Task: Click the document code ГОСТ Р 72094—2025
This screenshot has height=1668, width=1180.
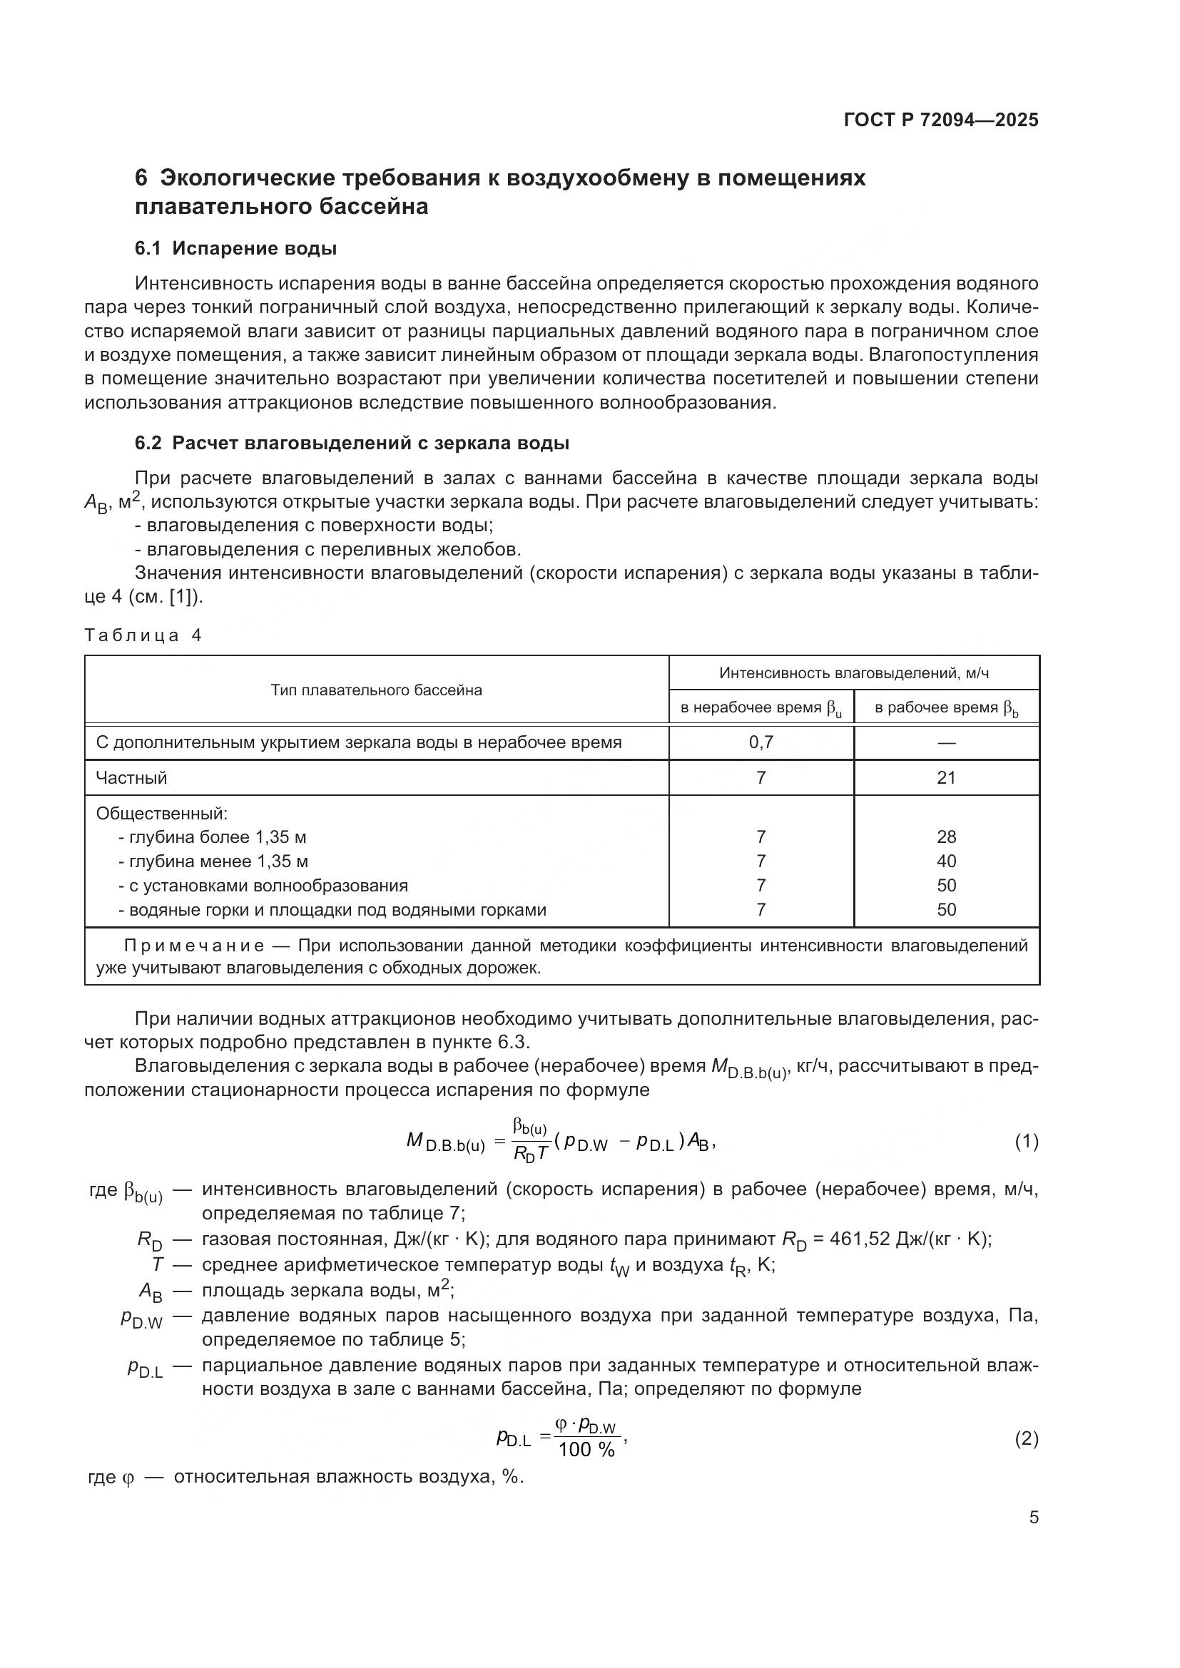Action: (x=941, y=120)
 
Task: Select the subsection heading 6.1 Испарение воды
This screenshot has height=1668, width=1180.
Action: (x=235, y=248)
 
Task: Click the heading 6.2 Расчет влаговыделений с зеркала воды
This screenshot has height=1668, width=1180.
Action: (x=352, y=443)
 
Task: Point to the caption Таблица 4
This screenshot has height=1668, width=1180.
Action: (x=143, y=635)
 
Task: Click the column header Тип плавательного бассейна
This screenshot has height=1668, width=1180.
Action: (x=377, y=690)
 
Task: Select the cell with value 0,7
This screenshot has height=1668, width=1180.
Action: (x=761, y=742)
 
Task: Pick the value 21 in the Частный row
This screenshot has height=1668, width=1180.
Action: (x=946, y=778)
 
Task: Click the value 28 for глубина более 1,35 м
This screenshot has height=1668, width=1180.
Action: (x=946, y=837)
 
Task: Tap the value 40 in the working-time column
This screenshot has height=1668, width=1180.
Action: (x=946, y=861)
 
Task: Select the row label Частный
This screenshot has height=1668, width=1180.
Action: (x=131, y=778)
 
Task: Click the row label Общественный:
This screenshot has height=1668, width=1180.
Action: (x=162, y=814)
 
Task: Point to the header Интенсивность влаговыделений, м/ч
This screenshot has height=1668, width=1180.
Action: (x=854, y=673)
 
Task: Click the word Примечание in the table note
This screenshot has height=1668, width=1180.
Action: (x=194, y=946)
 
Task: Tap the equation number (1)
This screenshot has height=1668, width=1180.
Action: (x=1026, y=1142)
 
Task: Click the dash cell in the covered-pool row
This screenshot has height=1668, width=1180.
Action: (x=946, y=742)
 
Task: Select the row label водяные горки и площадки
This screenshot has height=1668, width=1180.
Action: (x=332, y=910)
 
